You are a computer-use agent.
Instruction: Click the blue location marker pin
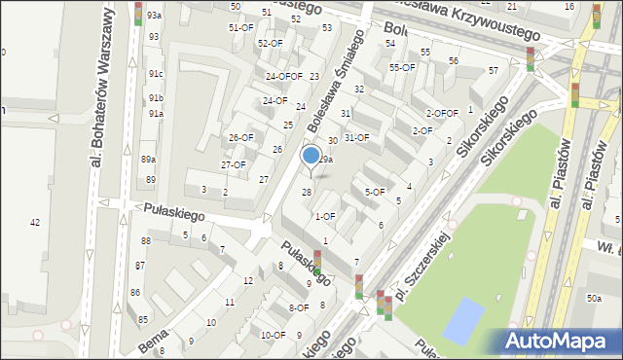[x=311, y=156]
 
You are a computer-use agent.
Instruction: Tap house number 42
[x=35, y=223]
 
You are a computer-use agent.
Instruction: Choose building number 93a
[x=155, y=17]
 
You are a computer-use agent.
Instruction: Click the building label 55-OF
[x=402, y=67]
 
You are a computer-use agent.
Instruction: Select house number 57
[x=493, y=70]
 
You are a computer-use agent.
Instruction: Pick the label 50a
[x=593, y=300]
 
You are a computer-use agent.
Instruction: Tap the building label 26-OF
[x=240, y=137]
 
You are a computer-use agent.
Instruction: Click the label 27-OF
[x=233, y=164]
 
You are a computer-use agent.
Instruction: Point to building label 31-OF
[x=356, y=137]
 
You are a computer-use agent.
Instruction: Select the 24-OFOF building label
[x=283, y=76]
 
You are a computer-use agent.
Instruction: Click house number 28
[x=306, y=192]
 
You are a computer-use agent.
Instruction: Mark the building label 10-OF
[x=273, y=335]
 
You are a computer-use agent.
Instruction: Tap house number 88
[x=145, y=240]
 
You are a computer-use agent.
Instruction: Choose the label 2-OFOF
[x=442, y=113]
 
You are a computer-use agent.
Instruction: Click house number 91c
[x=156, y=74]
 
